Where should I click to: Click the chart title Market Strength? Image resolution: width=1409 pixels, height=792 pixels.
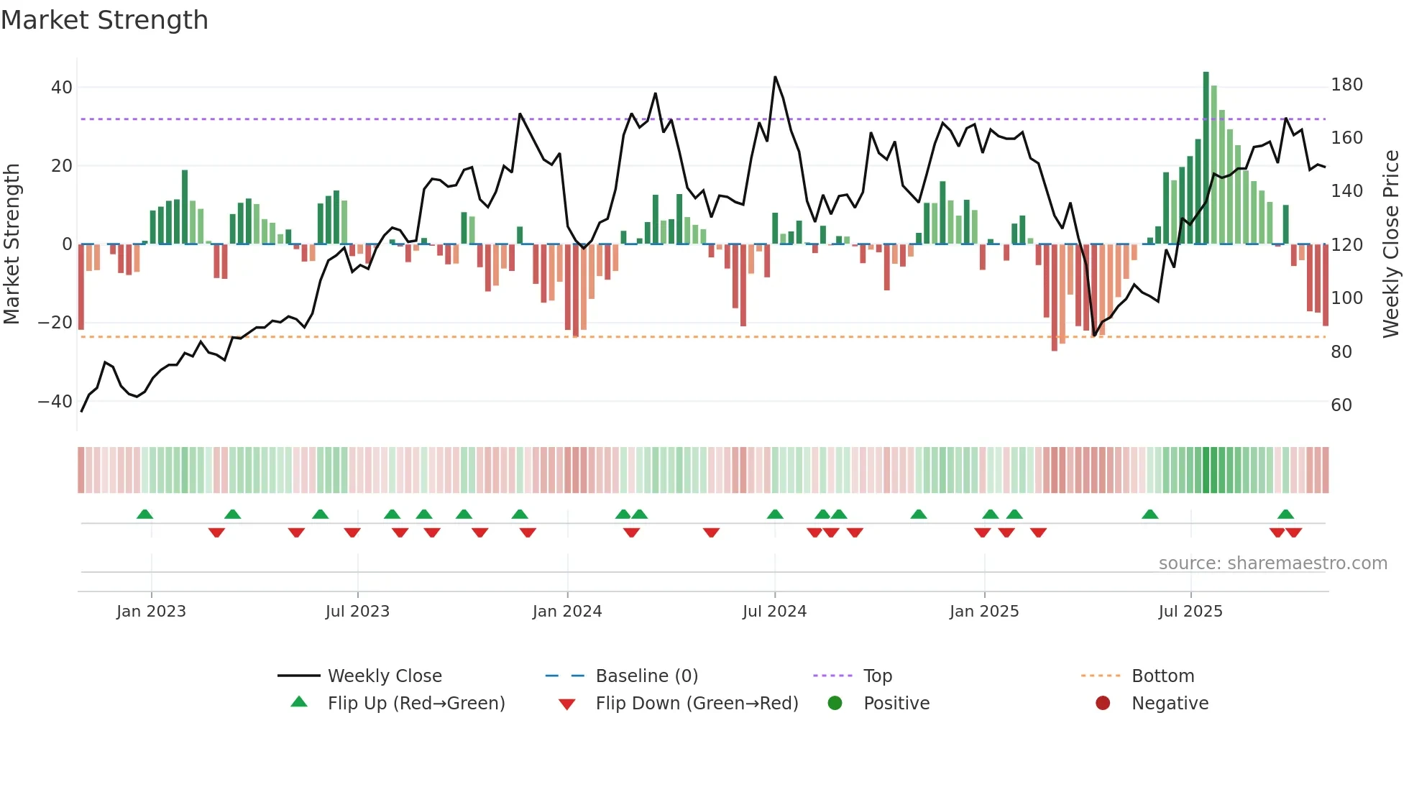[104, 20]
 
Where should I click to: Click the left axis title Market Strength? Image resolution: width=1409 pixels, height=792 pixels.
[12, 244]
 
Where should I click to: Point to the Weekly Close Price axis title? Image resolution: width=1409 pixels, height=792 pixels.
[1391, 244]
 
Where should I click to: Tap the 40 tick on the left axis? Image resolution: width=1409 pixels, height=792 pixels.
[62, 88]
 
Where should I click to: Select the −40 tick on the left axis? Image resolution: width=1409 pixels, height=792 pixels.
[55, 402]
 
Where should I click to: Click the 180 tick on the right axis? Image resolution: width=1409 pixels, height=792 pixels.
[1346, 85]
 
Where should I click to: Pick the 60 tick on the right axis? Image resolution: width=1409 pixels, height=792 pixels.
[1341, 405]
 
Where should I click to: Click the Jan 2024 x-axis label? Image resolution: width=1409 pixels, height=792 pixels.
[567, 612]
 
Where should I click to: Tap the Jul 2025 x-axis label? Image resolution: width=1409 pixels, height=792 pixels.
[1190, 612]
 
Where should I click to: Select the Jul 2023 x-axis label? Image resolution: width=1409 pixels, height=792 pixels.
[357, 612]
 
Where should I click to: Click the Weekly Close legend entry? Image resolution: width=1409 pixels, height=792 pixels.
[385, 676]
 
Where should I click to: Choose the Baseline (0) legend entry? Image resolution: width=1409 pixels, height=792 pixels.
[646, 676]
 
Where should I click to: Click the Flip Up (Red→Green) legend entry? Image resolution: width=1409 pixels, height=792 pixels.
[416, 704]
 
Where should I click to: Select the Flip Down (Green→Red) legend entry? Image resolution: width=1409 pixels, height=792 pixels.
[697, 704]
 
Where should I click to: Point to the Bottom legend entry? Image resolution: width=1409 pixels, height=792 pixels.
[1162, 676]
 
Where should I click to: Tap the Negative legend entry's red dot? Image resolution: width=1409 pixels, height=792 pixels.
[1103, 704]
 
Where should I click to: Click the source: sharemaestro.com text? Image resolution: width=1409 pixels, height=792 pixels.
[1272, 563]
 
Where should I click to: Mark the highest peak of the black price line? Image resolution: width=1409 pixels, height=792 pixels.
[775, 77]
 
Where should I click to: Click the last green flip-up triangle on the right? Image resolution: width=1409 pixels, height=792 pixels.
[1285, 515]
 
